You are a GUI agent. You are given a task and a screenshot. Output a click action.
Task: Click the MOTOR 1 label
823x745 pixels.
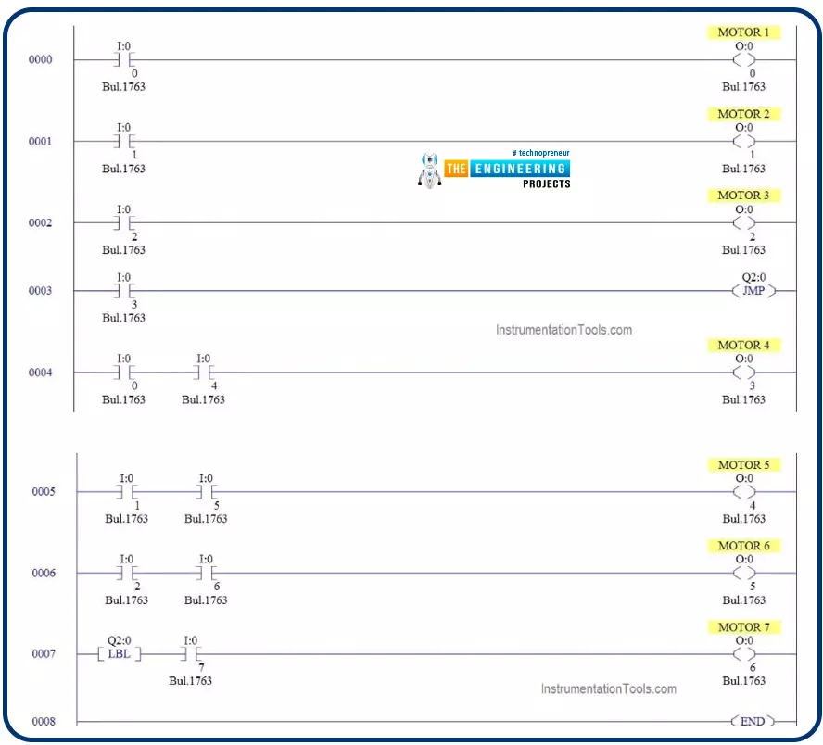[743, 32]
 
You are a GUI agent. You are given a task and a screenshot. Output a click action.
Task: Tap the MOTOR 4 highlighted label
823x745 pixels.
[743, 345]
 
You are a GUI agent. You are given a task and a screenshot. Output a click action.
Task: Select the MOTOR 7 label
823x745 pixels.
[743, 627]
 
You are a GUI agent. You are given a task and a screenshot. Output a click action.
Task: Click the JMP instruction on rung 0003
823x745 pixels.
[753, 291]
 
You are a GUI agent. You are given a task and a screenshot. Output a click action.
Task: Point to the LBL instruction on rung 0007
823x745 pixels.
[120, 654]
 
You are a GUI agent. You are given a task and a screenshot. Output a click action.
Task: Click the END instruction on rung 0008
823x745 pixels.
[753, 722]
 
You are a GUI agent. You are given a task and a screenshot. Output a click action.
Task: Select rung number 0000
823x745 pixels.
[41, 59]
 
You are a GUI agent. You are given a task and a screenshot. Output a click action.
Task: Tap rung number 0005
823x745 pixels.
[44, 492]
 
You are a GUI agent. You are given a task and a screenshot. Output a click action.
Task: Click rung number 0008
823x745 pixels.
[44, 722]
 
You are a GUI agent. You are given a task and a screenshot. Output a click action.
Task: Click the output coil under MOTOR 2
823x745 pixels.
[743, 141]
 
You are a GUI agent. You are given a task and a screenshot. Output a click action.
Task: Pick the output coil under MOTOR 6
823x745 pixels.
[743, 573]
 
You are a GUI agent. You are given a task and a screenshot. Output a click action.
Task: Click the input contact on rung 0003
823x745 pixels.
[124, 291]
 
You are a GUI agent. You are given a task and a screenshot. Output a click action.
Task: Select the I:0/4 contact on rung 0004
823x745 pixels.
[204, 372]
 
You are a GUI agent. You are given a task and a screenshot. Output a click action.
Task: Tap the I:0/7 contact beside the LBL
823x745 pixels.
[191, 654]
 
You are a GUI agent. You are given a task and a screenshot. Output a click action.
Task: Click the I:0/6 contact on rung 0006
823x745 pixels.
[207, 573]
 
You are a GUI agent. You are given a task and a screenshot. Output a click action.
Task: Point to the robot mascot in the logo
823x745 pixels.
[430, 170]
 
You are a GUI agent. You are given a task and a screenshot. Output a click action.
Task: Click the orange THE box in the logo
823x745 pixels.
[456, 169]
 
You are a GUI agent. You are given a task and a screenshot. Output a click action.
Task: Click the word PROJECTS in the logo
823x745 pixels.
[547, 183]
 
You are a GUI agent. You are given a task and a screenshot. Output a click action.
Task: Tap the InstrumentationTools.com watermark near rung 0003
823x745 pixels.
[563, 330]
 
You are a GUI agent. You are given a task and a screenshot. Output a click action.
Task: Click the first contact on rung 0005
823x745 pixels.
[127, 492]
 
